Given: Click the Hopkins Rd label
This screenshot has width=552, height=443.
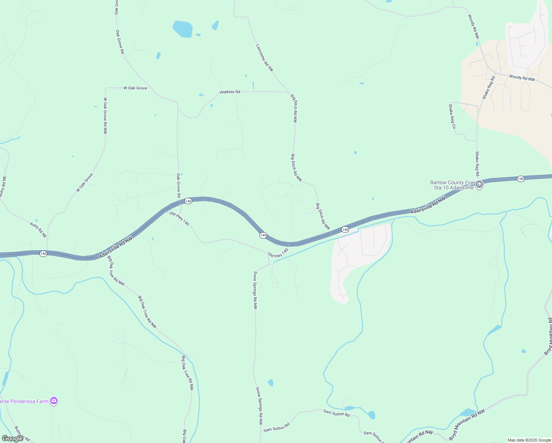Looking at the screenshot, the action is pos(230,92).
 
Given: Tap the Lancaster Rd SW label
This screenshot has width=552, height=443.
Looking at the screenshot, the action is pos(265,58).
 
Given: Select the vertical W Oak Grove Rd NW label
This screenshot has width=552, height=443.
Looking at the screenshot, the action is pos(105,116).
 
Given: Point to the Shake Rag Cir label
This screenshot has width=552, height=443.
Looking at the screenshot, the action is pos(452,116).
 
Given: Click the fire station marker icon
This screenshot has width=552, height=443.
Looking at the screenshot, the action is pos(479,184).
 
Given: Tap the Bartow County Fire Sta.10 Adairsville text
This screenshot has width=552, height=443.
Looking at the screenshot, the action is pos(452,185).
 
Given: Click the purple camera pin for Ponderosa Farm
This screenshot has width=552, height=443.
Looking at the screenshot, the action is pos(54,401).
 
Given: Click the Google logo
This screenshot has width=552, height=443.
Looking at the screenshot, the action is pos(12,439).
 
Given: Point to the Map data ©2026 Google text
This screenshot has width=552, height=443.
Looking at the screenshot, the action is pos(529,440).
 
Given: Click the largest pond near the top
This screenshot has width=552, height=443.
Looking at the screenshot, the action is pos(183,29).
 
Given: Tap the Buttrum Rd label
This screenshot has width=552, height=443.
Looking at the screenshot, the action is pos(22,434).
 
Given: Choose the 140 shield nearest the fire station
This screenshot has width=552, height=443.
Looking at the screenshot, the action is pos(521,179).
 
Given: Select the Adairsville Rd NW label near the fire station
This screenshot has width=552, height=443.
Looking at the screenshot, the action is pos(428,205).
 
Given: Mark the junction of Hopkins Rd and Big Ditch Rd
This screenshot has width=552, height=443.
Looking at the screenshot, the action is pos(289,92).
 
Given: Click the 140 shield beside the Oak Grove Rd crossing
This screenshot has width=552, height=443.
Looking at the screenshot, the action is pos(188,201).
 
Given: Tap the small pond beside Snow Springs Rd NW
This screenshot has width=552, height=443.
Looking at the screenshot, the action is pos(270,382).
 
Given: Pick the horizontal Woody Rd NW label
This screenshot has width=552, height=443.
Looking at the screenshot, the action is pos(522,78).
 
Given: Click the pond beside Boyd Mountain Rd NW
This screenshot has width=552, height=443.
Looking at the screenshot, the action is pos(468,412).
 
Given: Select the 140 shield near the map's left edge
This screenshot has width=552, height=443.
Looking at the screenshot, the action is pos(44,254).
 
